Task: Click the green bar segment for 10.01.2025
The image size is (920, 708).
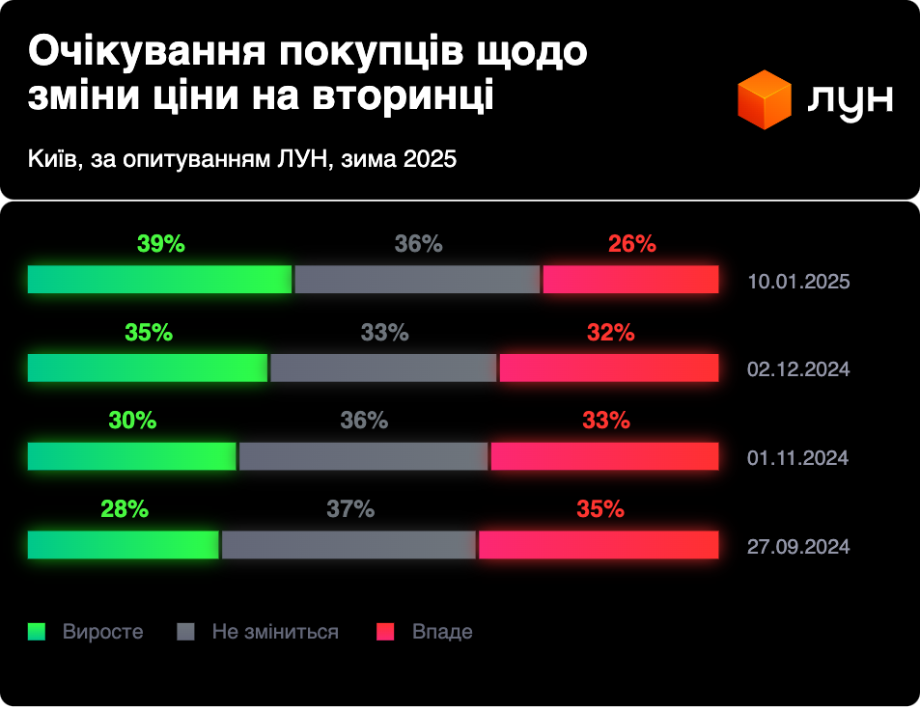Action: click(x=159, y=279)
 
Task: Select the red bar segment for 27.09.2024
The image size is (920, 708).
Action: click(x=598, y=545)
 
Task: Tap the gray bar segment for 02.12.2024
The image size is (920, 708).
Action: click(x=383, y=368)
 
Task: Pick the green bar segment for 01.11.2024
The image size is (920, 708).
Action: click(x=131, y=456)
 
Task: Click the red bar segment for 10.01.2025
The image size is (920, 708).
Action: click(x=630, y=279)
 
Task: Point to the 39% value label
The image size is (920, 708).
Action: click(x=161, y=244)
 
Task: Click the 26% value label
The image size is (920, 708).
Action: click(x=632, y=244)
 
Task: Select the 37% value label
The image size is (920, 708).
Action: click(x=350, y=509)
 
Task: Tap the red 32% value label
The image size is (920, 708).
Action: click(x=610, y=333)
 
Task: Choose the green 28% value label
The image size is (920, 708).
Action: click(x=125, y=509)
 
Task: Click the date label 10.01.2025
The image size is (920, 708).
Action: click(x=798, y=283)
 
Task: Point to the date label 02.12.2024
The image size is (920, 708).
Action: click(x=798, y=370)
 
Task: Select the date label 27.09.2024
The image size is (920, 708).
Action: click(x=798, y=547)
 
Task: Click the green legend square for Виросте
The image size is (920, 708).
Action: click(x=37, y=632)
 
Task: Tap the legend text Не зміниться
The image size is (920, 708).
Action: click(x=275, y=632)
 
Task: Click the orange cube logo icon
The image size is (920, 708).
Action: click(x=765, y=100)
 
